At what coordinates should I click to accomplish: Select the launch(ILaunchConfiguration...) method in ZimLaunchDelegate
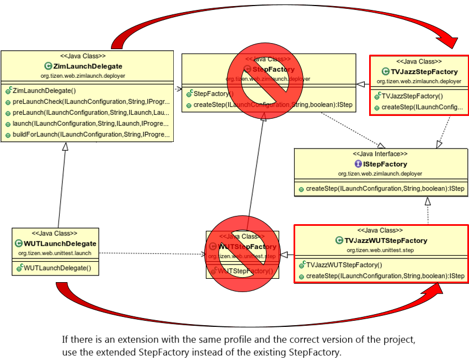[90, 124]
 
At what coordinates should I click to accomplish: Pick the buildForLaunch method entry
[90, 135]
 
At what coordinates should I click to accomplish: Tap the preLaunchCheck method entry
[90, 102]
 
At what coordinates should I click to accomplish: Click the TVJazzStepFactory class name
[424, 72]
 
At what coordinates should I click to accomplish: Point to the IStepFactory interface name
[385, 164]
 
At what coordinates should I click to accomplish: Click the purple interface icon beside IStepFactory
[358, 164]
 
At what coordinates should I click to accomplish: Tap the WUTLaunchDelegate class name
[60, 243]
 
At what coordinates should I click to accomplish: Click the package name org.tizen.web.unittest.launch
[55, 253]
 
